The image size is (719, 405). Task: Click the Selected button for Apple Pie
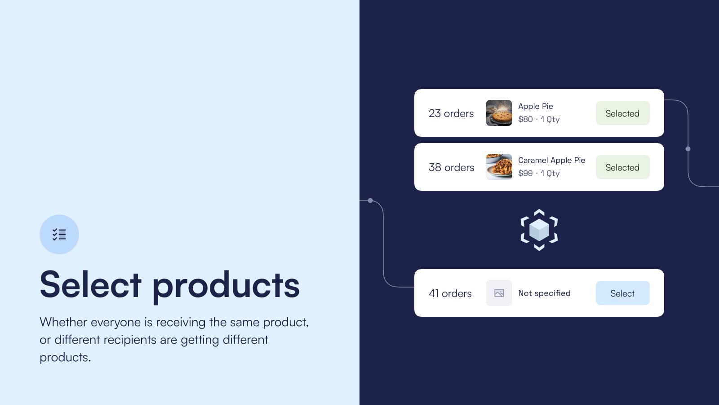click(622, 113)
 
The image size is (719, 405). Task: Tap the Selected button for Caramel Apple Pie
click(622, 167)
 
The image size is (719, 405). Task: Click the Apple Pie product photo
click(499, 113)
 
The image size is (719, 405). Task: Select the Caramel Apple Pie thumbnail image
click(499, 167)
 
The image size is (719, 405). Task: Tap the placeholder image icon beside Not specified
click(499, 293)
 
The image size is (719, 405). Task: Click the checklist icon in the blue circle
click(59, 234)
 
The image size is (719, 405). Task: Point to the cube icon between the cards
click(539, 230)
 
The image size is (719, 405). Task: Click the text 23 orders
click(451, 113)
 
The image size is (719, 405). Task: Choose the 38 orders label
click(451, 167)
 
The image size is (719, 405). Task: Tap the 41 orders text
click(450, 293)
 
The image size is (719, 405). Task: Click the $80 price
click(525, 119)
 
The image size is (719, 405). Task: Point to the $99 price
click(525, 173)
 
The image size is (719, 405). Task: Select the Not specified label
click(544, 293)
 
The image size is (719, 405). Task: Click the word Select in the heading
click(90, 284)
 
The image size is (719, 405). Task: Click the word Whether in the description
click(63, 322)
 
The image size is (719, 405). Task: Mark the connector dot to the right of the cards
click(688, 149)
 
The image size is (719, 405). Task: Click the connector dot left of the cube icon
click(370, 201)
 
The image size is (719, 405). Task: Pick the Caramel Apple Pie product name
click(551, 160)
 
